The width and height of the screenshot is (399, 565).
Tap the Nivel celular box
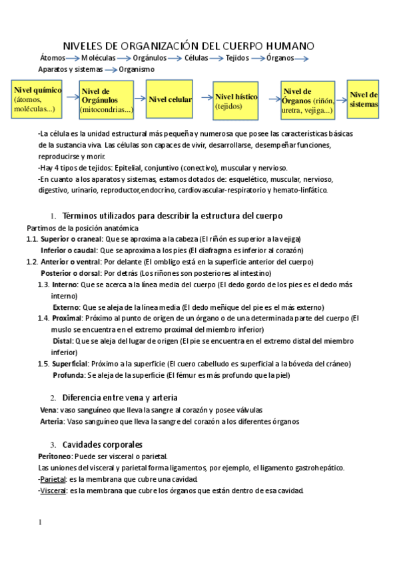click(171, 99)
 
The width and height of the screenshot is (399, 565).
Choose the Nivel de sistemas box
click(363, 99)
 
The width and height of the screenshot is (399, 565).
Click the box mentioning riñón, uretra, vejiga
click(307, 101)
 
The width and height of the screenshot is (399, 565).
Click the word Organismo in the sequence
click(136, 69)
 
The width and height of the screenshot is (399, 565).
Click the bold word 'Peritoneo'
click(55, 456)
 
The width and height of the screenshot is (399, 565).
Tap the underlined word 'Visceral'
click(53, 491)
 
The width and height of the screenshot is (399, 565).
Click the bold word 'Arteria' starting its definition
click(51, 421)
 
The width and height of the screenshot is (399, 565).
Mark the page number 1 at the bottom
click(40, 522)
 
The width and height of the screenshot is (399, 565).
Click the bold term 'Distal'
click(63, 340)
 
